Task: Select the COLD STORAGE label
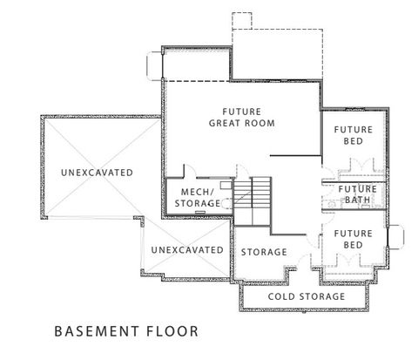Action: pyautogui.click(x=306, y=297)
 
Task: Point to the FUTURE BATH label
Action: pyautogui.click(x=357, y=195)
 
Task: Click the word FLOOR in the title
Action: pyautogui.click(x=173, y=332)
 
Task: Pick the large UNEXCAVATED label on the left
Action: pyautogui.click(x=97, y=173)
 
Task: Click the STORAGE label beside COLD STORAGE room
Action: pyautogui.click(x=264, y=252)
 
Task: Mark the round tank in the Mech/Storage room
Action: pyautogui.click(x=226, y=203)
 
